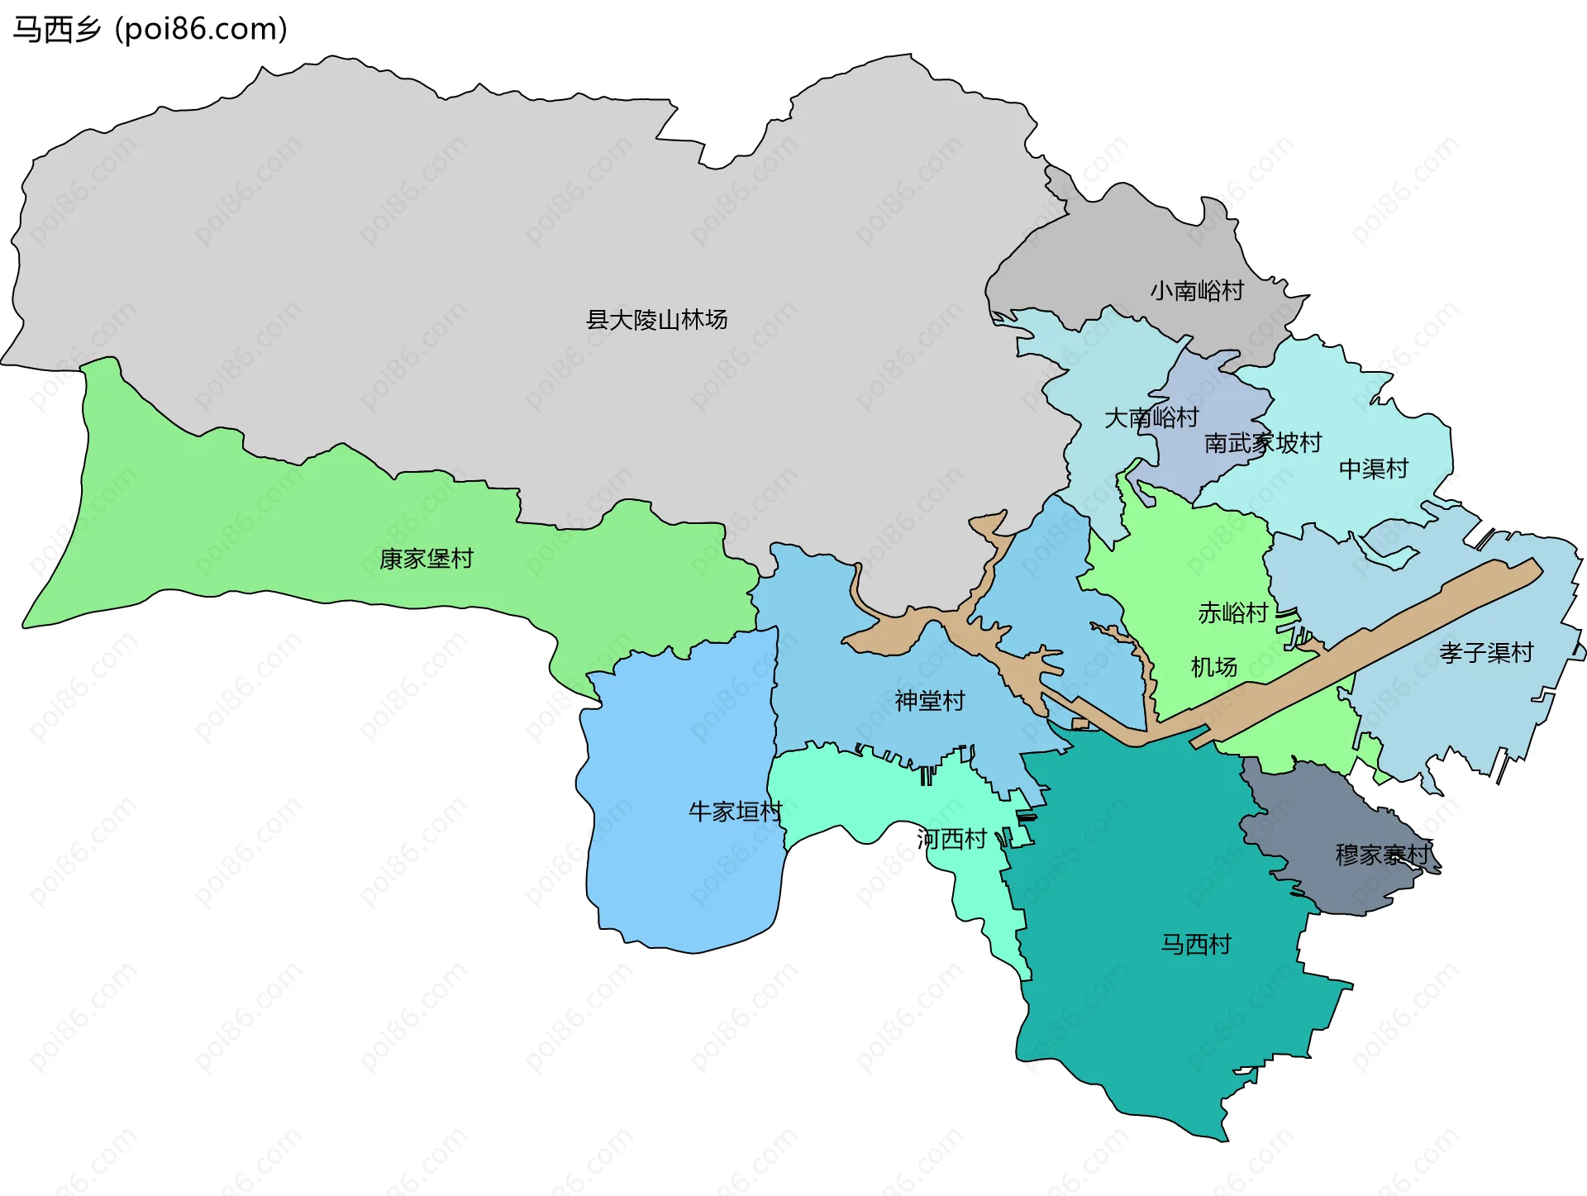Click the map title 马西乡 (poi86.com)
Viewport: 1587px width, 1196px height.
tap(150, 30)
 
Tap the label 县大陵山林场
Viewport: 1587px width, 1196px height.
tap(656, 319)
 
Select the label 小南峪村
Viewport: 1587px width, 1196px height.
tap(1197, 291)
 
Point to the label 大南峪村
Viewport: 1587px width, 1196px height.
tap(1151, 417)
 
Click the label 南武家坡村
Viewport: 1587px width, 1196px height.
tap(1262, 443)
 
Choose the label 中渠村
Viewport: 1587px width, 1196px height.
tap(1373, 469)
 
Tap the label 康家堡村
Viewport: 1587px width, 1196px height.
tap(426, 559)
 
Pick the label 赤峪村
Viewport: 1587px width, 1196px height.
tap(1232, 612)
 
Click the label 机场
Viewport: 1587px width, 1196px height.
tap(1213, 666)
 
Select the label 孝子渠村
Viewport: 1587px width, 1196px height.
tap(1485, 652)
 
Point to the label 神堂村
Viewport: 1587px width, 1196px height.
tap(929, 701)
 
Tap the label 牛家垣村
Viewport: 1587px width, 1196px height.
tap(735, 811)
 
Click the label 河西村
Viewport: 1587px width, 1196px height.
tap(951, 839)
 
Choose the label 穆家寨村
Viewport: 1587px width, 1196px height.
tap(1381, 854)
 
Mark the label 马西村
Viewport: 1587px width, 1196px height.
tap(1195, 944)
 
